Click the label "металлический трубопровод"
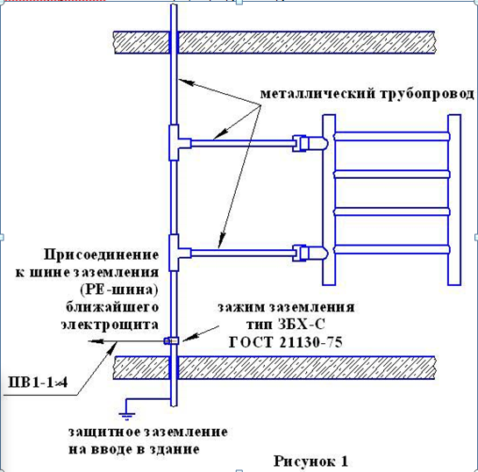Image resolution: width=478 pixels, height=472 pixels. coord(367,94)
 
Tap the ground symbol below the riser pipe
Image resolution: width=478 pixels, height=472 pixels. coord(127,415)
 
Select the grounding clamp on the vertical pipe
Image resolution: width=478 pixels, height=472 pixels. coord(171,340)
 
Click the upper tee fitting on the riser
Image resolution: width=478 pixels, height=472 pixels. coord(179,143)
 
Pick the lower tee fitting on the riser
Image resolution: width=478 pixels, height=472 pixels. coord(179,253)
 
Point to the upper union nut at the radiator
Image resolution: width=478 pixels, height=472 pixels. coord(310,143)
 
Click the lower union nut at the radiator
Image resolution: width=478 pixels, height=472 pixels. coord(310,253)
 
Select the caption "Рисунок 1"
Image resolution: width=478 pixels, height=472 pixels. coord(310,461)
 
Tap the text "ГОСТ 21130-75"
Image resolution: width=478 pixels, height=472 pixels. coord(286,342)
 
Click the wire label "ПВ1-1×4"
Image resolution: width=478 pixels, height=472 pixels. coord(39,383)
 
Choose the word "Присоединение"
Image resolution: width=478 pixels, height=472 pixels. coord(102,255)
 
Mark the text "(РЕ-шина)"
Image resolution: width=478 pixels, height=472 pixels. coord(119,290)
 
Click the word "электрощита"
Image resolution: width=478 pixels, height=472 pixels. coord(110,325)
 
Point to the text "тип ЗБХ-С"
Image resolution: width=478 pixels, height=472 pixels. coord(286,325)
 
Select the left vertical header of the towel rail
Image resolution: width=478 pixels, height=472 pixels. coord(329,200)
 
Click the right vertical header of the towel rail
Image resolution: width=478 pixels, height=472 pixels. coord(454,200)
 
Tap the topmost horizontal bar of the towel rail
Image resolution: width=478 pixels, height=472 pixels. coord(392,136)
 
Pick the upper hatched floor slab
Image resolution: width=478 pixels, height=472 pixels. coord(275,42)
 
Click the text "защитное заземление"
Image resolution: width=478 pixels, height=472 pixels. coord(148,432)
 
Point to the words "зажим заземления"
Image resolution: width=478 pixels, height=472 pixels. coord(286,307)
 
